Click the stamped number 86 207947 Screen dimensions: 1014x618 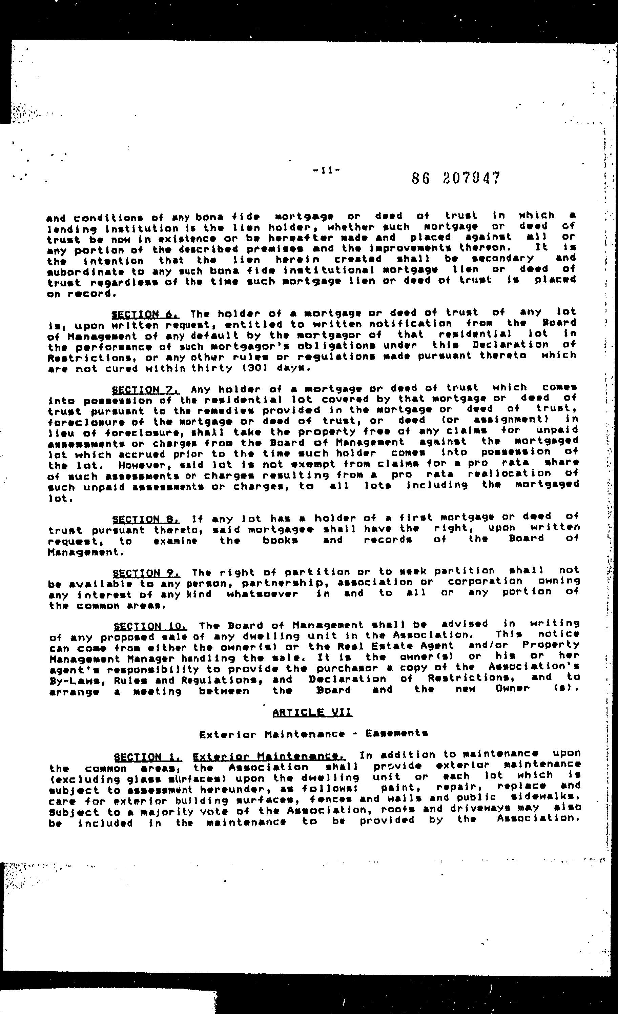click(x=456, y=178)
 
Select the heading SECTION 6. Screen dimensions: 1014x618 click(x=145, y=315)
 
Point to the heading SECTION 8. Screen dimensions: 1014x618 click(x=146, y=519)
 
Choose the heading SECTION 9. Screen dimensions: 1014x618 click(x=146, y=573)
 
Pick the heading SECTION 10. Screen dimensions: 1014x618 click(x=150, y=627)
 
